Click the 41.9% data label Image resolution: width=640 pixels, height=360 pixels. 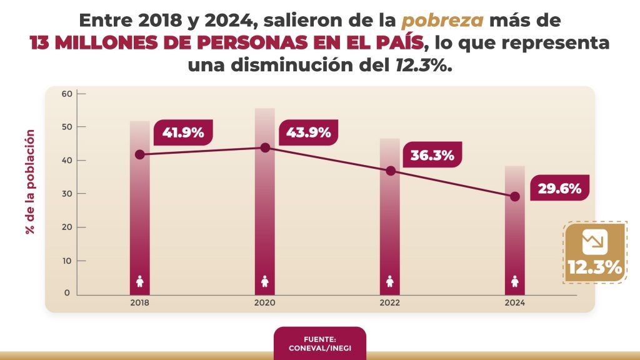(182, 132)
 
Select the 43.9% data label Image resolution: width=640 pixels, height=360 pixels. (308, 132)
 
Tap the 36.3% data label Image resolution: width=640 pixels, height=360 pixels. (432, 156)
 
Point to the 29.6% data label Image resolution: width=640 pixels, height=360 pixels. (561, 187)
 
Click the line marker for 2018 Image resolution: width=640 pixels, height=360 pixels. (140, 154)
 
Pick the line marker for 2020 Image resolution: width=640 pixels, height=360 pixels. (265, 147)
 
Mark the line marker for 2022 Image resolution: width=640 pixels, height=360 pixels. (391, 171)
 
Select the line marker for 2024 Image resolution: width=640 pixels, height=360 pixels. (515, 196)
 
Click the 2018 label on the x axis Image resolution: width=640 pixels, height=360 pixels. (140, 302)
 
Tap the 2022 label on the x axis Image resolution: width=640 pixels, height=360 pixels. (391, 302)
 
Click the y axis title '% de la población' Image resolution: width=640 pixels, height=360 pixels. (29, 182)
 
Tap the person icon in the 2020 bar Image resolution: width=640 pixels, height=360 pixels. (265, 282)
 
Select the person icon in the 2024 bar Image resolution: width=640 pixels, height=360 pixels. (515, 282)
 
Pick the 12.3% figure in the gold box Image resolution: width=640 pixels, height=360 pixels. (594, 268)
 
